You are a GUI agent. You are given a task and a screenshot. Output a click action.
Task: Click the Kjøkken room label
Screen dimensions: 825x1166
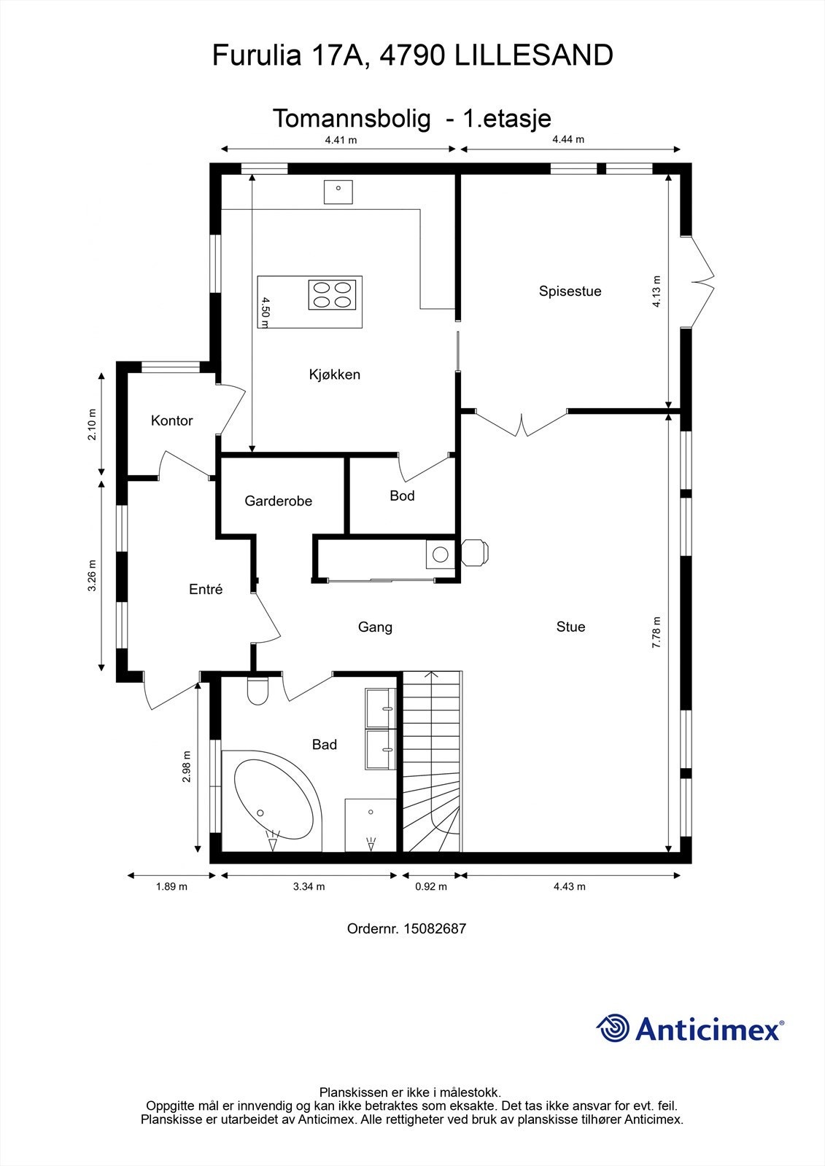click(335, 375)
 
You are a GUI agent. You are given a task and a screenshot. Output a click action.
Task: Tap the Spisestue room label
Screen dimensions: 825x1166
click(570, 291)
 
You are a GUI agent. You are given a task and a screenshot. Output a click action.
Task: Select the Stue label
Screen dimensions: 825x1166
click(570, 627)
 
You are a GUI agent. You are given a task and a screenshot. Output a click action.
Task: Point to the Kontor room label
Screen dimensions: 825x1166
click(172, 420)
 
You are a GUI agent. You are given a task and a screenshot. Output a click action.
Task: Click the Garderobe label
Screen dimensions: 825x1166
click(279, 501)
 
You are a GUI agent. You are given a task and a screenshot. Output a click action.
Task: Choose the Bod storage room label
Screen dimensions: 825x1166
click(403, 496)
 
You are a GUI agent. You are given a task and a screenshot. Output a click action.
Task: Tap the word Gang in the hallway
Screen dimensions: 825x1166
click(375, 627)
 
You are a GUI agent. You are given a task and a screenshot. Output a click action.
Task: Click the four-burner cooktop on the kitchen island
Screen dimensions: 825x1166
click(332, 295)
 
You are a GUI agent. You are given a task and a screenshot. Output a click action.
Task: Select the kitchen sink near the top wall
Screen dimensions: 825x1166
click(338, 192)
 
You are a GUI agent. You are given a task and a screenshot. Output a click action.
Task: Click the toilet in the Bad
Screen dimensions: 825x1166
click(257, 691)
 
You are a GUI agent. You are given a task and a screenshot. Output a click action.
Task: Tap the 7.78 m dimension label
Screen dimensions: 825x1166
click(656, 633)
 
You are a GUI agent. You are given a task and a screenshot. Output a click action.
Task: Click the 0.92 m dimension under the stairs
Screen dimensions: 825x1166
click(431, 886)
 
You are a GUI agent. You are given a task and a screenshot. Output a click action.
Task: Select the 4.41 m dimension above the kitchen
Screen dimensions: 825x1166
click(341, 139)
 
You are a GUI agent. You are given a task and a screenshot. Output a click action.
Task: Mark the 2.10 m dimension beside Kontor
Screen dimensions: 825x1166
click(92, 424)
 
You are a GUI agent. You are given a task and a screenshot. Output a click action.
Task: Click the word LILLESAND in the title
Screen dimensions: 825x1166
click(534, 55)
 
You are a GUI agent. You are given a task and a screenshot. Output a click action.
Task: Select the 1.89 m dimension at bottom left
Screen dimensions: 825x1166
click(171, 886)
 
